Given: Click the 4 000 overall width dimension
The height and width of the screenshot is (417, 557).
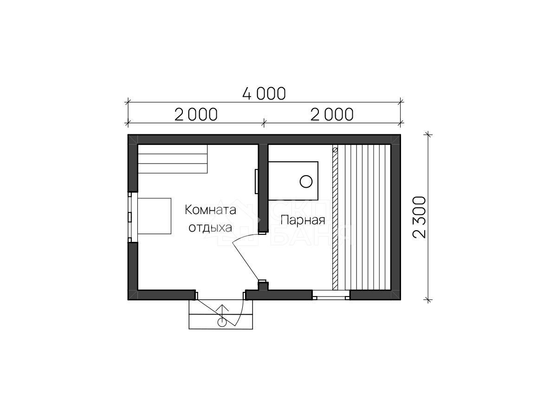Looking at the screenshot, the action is point(264,94).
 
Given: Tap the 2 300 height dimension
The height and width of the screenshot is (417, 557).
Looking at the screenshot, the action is point(419,217).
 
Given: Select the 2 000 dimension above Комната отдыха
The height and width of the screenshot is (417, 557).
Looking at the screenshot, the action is point(196,114).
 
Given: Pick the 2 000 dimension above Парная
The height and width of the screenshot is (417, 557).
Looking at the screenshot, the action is point(332,114).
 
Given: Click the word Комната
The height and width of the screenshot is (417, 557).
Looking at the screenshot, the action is point(210,210).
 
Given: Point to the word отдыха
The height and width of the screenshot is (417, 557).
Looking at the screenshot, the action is point(210,228).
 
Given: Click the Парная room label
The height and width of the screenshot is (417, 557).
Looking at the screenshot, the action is point(303,220).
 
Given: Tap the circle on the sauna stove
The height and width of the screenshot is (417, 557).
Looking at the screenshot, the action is point(306,182).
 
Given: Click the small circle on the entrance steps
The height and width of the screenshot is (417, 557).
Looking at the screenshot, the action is point(222,322).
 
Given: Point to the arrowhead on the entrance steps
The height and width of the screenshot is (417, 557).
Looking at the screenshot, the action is point(222,307).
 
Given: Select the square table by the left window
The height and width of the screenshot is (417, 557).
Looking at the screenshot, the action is point(154,216).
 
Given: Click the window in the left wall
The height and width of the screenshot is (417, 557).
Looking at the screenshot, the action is point(130,217).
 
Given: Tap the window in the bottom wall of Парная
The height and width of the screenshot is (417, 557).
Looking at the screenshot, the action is point(331,295).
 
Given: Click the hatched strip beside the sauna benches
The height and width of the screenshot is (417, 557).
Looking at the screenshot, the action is point(335,219).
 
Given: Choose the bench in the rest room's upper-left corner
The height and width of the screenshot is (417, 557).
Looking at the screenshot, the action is point(173,159).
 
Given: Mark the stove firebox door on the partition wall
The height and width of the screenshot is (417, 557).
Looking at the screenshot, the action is point(257,182).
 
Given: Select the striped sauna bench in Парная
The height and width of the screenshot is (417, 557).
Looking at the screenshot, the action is point(364,217).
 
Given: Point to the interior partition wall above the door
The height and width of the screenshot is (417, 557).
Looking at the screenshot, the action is point(263,189).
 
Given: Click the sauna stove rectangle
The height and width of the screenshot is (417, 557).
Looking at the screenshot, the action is point(293,181).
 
